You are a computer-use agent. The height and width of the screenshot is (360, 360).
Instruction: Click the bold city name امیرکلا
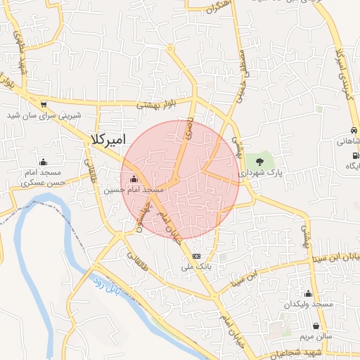click(108, 139)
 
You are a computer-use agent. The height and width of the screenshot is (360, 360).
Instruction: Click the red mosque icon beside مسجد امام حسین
click(134, 178)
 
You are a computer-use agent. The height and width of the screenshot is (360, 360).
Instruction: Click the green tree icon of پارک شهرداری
click(260, 162)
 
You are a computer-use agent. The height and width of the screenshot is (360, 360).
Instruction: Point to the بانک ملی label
click(196, 267)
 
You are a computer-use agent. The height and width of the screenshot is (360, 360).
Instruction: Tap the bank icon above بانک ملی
click(196, 256)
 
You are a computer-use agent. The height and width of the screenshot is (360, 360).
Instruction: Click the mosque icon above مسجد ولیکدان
click(307, 293)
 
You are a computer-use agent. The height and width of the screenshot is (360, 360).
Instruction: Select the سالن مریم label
click(316, 337)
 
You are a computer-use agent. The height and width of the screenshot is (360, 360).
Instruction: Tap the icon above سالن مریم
click(317, 326)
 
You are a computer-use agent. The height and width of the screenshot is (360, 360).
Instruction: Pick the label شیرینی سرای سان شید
click(44, 115)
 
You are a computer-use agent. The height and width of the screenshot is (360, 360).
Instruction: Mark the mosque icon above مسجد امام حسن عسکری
click(43, 161)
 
